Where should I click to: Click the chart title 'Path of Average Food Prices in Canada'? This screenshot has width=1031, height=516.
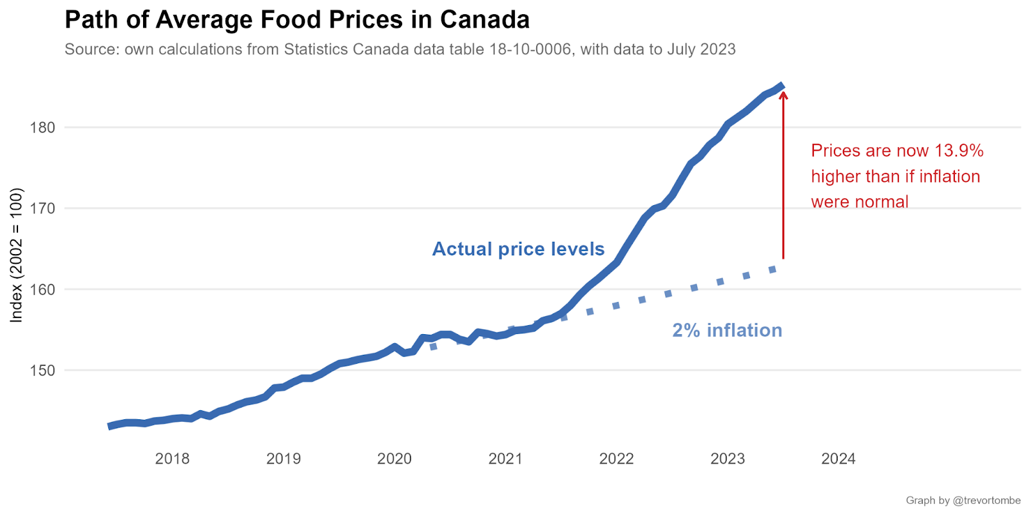(x=297, y=20)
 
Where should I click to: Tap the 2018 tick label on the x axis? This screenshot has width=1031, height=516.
(x=173, y=459)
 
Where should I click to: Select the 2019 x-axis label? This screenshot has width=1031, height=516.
(x=284, y=459)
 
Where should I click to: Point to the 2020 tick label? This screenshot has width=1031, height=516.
(x=394, y=459)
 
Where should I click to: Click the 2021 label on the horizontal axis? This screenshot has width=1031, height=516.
(x=506, y=459)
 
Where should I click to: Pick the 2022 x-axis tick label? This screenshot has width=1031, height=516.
(x=617, y=459)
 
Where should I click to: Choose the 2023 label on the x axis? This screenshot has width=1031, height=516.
(x=727, y=459)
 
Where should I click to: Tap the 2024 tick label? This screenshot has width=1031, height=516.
(x=838, y=459)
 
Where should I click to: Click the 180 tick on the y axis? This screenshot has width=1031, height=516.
(x=43, y=128)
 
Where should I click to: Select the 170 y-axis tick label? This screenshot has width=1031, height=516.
(x=43, y=208)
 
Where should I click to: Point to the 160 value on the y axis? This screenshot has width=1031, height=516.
(x=43, y=290)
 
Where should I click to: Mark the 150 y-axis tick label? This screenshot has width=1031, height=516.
(x=43, y=371)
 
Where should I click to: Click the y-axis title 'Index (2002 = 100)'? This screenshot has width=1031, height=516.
(x=17, y=255)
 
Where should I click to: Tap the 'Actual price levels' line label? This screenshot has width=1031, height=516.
(x=518, y=249)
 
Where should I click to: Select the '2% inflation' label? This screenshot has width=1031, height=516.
(x=727, y=330)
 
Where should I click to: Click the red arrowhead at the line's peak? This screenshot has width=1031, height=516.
(x=784, y=95)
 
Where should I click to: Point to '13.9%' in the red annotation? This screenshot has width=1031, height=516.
(x=959, y=151)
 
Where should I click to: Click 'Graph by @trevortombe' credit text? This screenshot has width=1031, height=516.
(x=963, y=501)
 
